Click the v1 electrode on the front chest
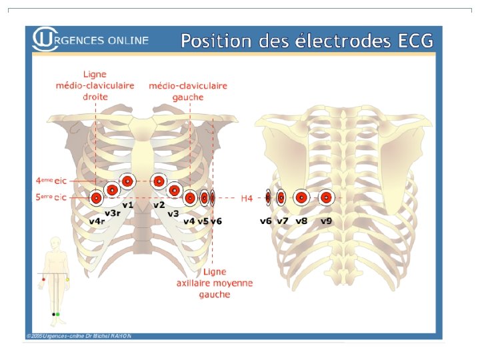pos(127,180)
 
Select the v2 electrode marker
pos(158,180)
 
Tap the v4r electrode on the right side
pos(96,198)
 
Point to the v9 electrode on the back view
pos(325,197)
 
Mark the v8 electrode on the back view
pos(301,197)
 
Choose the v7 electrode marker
pos(281,197)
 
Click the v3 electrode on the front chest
pos(174,191)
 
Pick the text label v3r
pos(112,213)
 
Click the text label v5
pos(203,221)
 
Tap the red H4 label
pos(247,198)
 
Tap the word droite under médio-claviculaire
pos(95,97)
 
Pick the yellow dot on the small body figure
pos(67,279)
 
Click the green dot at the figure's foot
pos(58,314)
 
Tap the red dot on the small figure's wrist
pos(43,279)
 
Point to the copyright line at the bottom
pos(79,335)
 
